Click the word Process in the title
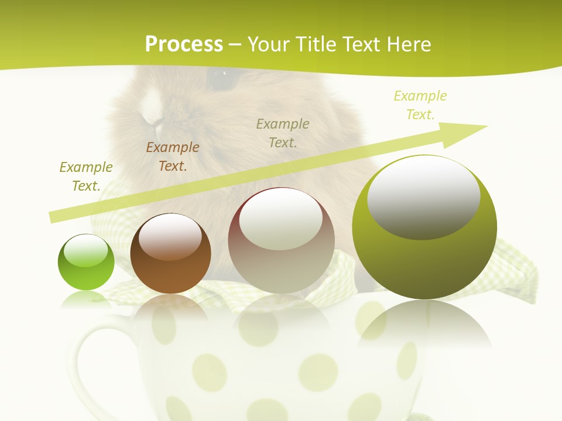coord(184,44)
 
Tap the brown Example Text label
coord(173,157)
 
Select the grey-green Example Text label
coord(283,133)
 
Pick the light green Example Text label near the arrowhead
coord(420,105)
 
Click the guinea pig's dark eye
coord(220,78)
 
